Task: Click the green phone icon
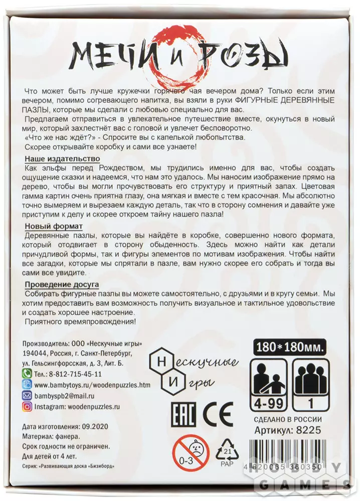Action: [x=28, y=373]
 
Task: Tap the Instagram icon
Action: [x=28, y=406]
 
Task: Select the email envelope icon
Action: [x=28, y=395]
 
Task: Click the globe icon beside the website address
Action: [x=28, y=384]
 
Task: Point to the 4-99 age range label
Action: [x=266, y=402]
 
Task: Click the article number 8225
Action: [x=308, y=430]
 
